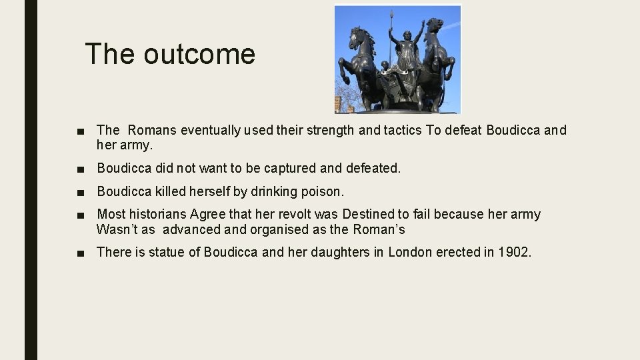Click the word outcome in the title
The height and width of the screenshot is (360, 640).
click(x=199, y=54)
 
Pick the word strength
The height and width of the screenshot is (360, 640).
click(x=330, y=130)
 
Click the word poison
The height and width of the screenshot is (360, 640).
click(x=322, y=192)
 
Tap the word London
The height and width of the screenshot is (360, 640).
click(x=410, y=252)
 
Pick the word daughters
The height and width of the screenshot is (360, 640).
click(x=341, y=252)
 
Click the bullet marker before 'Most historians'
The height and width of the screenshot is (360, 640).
click(x=81, y=215)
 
